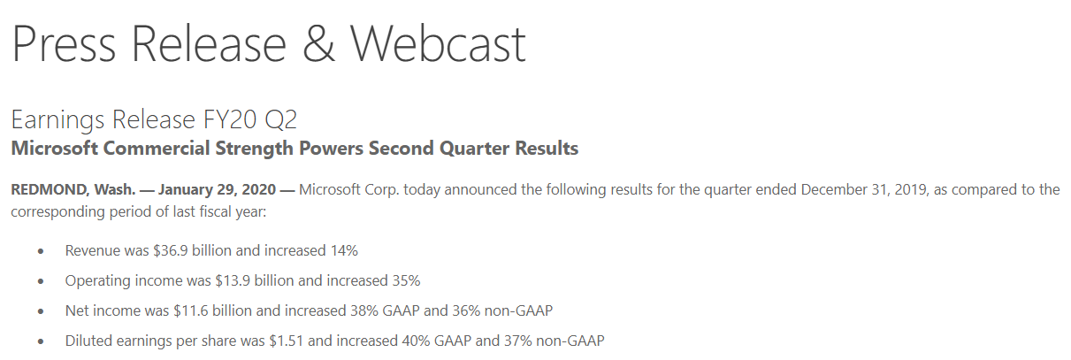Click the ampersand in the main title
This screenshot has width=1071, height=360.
click(x=318, y=43)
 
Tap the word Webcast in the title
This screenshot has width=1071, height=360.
click(x=438, y=43)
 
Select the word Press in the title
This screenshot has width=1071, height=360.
click(x=64, y=43)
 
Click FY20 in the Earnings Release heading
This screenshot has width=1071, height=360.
click(x=230, y=119)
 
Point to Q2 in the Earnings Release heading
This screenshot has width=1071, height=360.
click(x=280, y=119)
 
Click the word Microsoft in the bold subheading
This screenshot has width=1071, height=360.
click(x=54, y=149)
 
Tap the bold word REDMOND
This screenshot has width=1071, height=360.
click(x=49, y=190)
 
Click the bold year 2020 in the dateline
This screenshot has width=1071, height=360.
click(x=258, y=190)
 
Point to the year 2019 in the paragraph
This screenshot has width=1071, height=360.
click(x=911, y=190)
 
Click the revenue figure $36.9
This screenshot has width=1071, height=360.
click(x=170, y=250)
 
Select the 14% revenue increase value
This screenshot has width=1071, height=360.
click(x=344, y=250)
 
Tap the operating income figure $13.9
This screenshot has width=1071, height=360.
click(x=233, y=280)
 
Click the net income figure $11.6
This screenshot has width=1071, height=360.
click(x=191, y=310)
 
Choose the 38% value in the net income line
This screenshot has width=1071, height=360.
click(x=364, y=310)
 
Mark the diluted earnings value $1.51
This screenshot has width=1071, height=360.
click(x=287, y=341)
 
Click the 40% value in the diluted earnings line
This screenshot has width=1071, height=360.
click(x=416, y=341)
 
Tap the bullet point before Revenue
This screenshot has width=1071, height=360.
click(x=41, y=251)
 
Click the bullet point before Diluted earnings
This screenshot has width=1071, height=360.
click(x=41, y=341)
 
